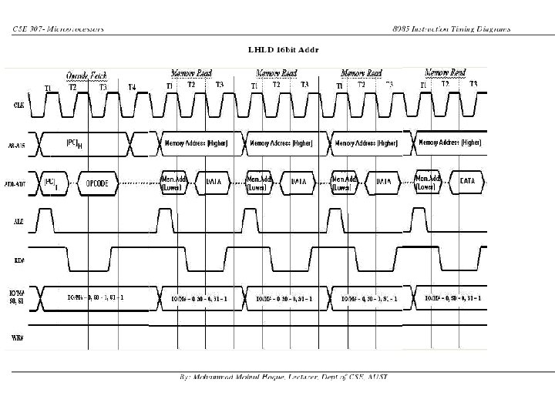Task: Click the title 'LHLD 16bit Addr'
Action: coord(284,49)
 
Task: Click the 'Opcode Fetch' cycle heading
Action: coord(86,75)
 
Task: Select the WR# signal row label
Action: coord(17,337)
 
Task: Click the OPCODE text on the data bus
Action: coord(102,183)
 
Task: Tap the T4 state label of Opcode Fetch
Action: coord(132,87)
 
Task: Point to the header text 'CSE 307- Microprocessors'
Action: coord(58,29)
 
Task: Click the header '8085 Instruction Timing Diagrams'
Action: coord(451,29)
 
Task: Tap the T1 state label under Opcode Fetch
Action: coord(48,88)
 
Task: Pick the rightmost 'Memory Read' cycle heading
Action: coord(446,73)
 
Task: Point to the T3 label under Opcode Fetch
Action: coord(103,87)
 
